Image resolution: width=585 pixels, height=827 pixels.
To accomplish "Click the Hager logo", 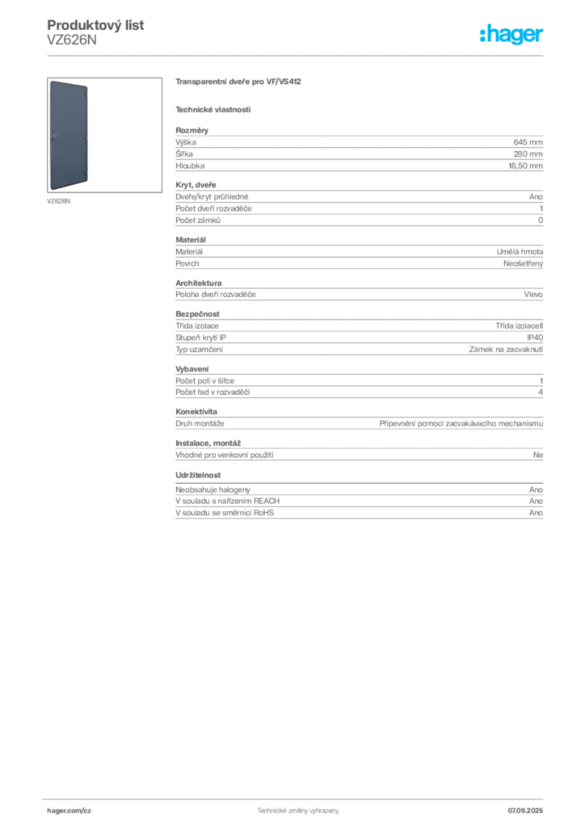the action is pyautogui.click(x=511, y=35).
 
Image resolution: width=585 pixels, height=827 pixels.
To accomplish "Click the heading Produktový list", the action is pyautogui.click(x=95, y=25).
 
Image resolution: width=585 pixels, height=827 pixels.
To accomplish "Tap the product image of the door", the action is pyautogui.click(x=69, y=135).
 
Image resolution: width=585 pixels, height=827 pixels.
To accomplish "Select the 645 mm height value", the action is pyautogui.click(x=528, y=142).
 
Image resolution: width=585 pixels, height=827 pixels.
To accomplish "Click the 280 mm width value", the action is pyautogui.click(x=528, y=154).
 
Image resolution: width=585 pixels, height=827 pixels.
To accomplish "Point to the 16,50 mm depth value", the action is pyautogui.click(x=525, y=166).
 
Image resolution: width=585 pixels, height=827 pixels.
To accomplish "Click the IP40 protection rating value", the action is pyautogui.click(x=535, y=338).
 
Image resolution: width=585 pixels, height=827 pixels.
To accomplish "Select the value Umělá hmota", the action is pyautogui.click(x=520, y=252).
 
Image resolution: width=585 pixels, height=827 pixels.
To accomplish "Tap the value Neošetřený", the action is pyautogui.click(x=523, y=264).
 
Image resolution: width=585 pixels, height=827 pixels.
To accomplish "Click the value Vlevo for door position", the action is pyautogui.click(x=533, y=294).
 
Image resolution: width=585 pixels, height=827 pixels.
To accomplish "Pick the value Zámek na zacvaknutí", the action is pyautogui.click(x=506, y=349).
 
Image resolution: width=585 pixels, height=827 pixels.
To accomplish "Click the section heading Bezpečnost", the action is pyautogui.click(x=197, y=314).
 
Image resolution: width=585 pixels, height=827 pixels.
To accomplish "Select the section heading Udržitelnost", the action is pyautogui.click(x=198, y=475).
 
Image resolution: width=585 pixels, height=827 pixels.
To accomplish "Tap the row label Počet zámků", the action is pyautogui.click(x=198, y=220).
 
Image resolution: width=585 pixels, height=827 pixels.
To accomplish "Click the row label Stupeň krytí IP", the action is pyautogui.click(x=200, y=338).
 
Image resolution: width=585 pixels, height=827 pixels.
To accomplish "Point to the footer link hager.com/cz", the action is pyautogui.click(x=69, y=811).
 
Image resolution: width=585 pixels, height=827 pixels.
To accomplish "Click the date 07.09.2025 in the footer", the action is pyautogui.click(x=525, y=811).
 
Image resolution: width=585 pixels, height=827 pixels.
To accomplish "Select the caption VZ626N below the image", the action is pyautogui.click(x=58, y=201).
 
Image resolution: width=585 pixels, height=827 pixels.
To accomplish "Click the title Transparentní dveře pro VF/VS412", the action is pyautogui.click(x=238, y=82).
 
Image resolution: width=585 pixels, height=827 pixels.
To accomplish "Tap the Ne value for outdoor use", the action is pyautogui.click(x=538, y=455).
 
